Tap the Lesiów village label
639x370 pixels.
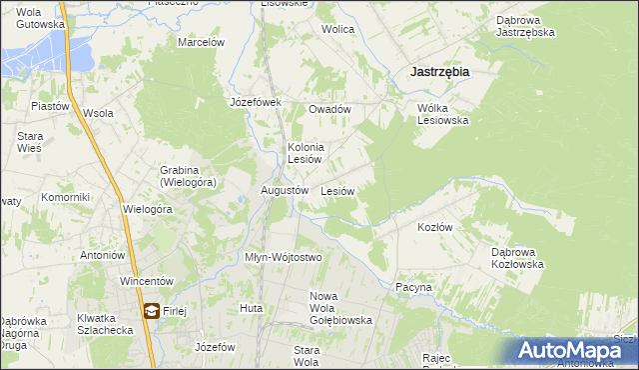click(337, 190)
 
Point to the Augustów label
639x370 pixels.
click(284, 189)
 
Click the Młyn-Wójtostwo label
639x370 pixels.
click(284, 257)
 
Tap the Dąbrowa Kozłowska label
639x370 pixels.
click(516, 258)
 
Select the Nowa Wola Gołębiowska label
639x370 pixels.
click(341, 308)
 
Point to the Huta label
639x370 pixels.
click(251, 308)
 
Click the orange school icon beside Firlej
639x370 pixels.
click(150, 311)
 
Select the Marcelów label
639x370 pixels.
click(201, 42)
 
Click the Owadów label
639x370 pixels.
click(329, 109)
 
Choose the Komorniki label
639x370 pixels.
click(66, 197)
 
